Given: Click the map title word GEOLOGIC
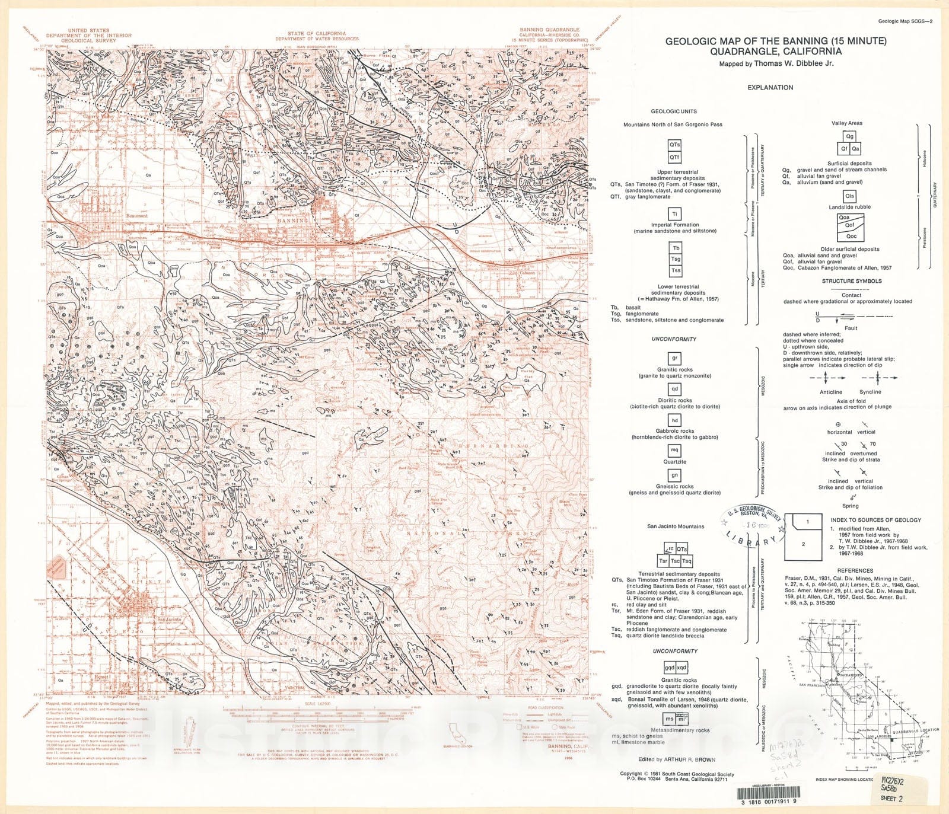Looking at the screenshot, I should tap(690, 41).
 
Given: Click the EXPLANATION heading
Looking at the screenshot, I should tap(770, 87).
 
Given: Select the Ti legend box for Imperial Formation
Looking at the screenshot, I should tap(675, 214).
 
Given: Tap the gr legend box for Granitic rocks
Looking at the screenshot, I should tap(674, 359).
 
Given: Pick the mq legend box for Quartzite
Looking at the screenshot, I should tap(674, 451).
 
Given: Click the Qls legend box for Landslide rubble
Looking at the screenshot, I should tap(849, 196).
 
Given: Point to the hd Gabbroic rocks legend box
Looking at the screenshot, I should tap(674, 420).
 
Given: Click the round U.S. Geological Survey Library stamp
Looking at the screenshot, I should tap(751, 526).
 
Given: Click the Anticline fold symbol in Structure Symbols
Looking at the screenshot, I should tap(830, 378).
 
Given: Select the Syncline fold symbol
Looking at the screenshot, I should tap(871, 378).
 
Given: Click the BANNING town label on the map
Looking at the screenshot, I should tap(292, 221).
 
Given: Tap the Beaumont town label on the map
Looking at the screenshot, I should tap(137, 216).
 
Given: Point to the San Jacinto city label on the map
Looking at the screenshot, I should tap(169, 620).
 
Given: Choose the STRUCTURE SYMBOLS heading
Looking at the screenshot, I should tap(852, 281).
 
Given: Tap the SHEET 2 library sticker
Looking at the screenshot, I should tap(891, 798).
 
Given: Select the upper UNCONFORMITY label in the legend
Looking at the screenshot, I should tap(674, 339).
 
